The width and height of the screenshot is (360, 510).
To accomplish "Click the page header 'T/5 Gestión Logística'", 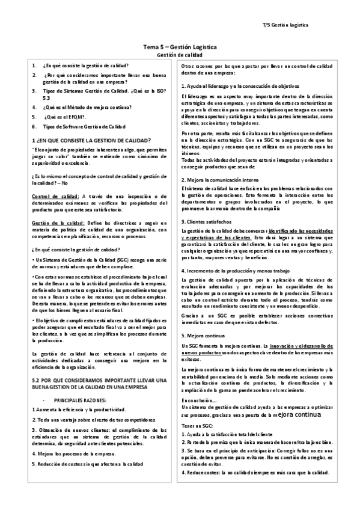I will pyautogui.click(x=285, y=26).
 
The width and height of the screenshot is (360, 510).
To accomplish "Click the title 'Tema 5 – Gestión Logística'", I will pyautogui.click(x=179, y=47).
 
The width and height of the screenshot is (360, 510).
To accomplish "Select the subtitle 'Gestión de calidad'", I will pyautogui.click(x=179, y=55).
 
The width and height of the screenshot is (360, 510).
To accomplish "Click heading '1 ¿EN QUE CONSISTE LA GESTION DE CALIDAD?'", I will pyautogui.click(x=86, y=140).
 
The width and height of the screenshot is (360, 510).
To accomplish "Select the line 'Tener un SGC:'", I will pyautogui.click(x=197, y=409).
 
